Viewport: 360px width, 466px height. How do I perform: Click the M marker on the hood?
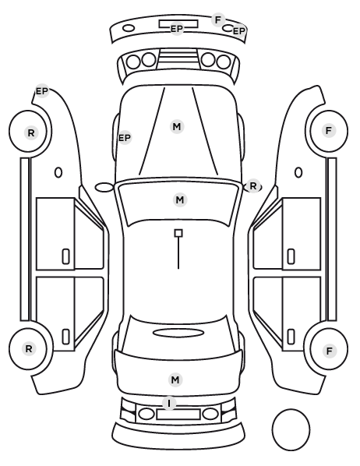(177, 126)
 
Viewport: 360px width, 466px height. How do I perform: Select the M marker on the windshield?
(180, 200)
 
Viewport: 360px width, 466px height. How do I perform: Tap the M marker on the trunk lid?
(175, 380)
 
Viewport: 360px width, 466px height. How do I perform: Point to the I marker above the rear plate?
(169, 404)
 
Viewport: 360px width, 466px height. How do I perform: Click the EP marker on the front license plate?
(177, 29)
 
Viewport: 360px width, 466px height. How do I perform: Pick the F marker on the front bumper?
(218, 20)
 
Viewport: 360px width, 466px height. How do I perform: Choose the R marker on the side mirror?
(253, 186)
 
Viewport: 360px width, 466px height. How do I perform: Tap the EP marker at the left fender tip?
(42, 91)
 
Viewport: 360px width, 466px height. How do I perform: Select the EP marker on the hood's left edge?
(125, 138)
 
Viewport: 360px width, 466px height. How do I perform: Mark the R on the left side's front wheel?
(31, 132)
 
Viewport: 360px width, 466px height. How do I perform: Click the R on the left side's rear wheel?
(29, 348)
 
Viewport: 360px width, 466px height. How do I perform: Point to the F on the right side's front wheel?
(329, 130)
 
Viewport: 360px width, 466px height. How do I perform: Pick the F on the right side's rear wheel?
(329, 351)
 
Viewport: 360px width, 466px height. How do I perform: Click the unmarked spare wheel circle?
(272, 429)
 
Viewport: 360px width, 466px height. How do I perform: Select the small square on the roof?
(178, 233)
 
